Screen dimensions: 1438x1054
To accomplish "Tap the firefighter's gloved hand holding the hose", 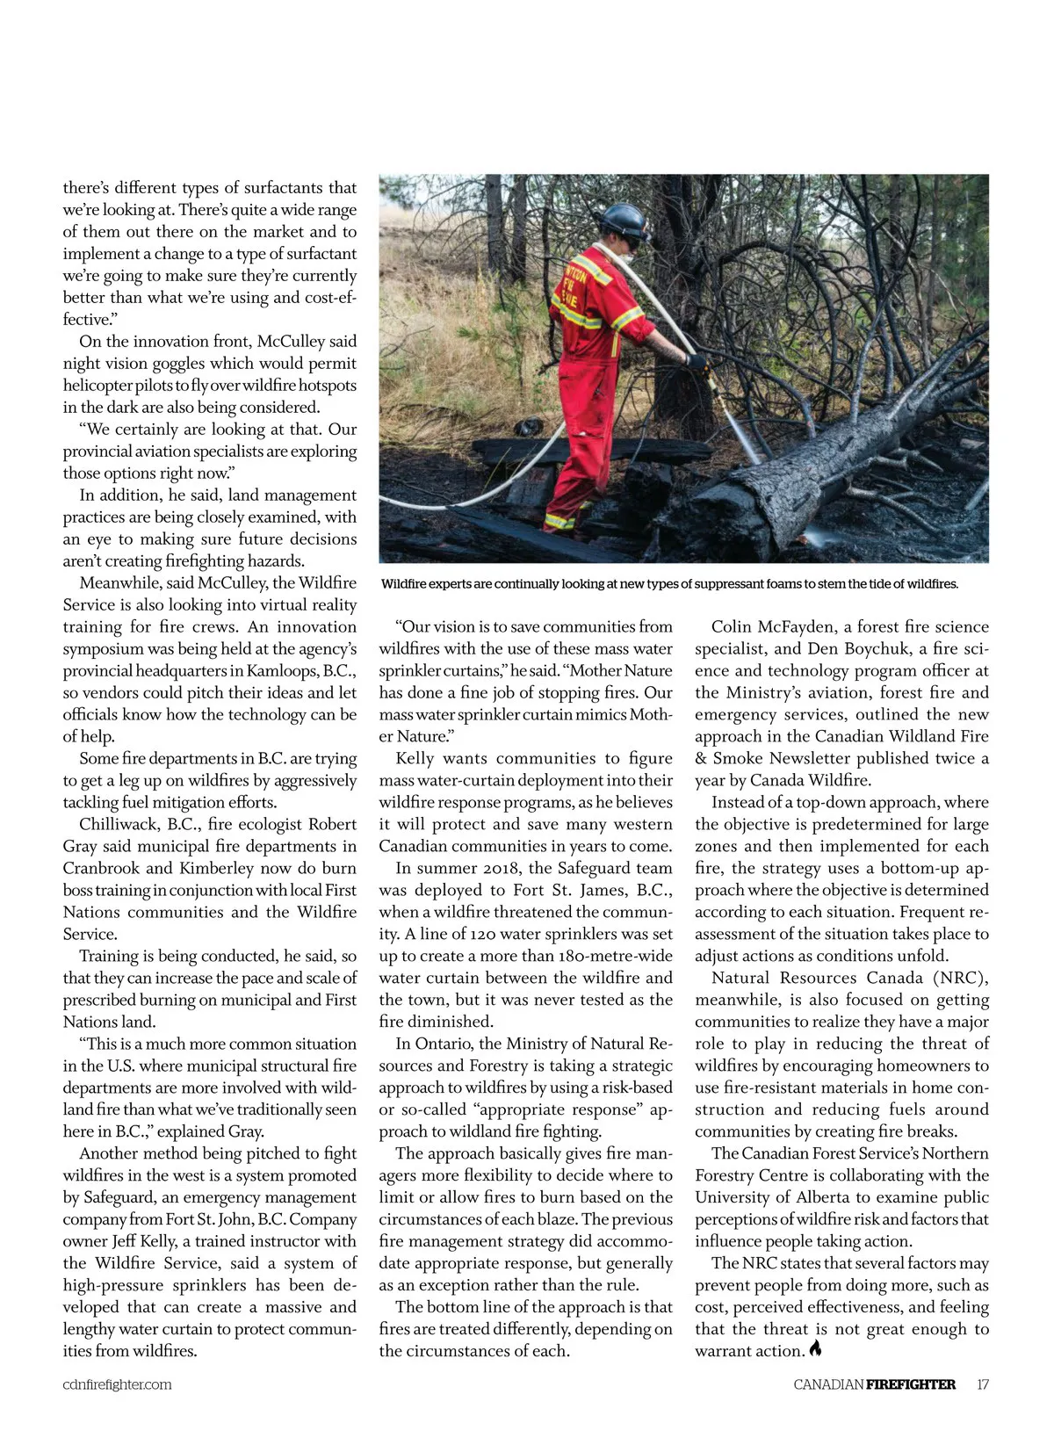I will click(697, 361).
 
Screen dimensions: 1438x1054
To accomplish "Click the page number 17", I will click(983, 1384).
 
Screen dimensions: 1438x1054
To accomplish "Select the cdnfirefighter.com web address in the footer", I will click(117, 1384).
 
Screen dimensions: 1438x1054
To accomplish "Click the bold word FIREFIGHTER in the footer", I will click(910, 1384).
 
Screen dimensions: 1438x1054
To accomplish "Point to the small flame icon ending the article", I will click(816, 1349).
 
